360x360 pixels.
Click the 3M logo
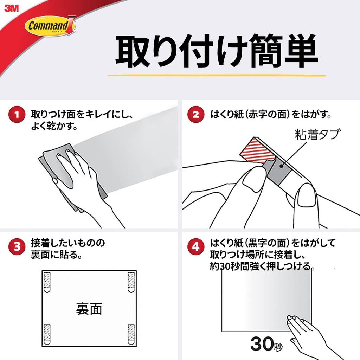[11, 8]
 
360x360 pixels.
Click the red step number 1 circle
[17, 115]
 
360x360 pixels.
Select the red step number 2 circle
[195, 115]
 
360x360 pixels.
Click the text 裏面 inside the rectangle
[89, 309]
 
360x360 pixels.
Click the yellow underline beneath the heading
[216, 75]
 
